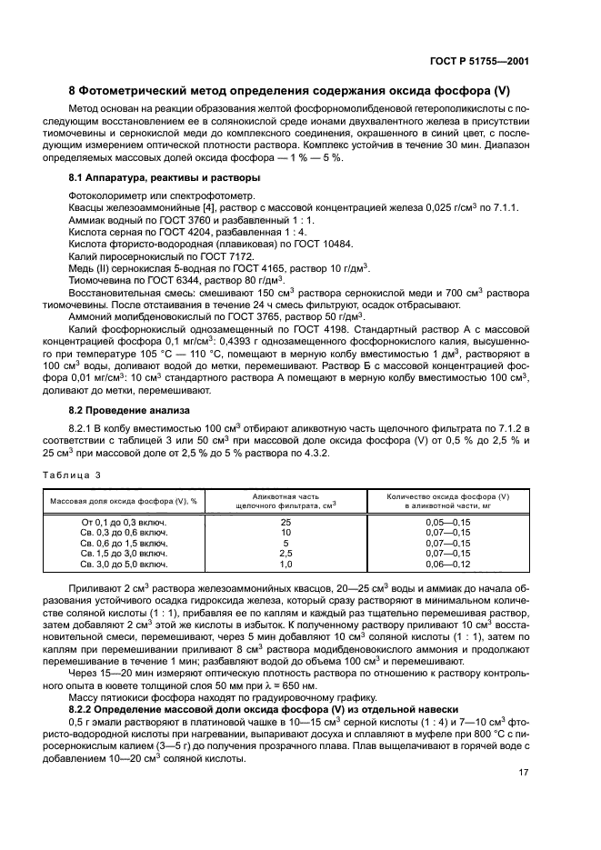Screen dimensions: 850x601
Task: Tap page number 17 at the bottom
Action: [x=524, y=773]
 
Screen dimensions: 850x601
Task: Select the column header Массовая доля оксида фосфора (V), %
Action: [x=124, y=502]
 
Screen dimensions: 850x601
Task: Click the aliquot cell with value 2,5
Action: [x=285, y=553]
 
